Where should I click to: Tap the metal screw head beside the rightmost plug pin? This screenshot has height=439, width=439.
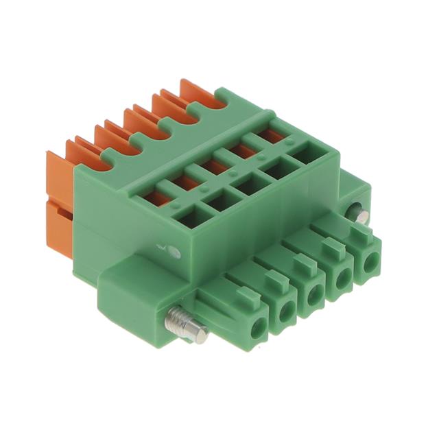(x=359, y=215)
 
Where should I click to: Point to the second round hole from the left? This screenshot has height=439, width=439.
(x=287, y=313)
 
